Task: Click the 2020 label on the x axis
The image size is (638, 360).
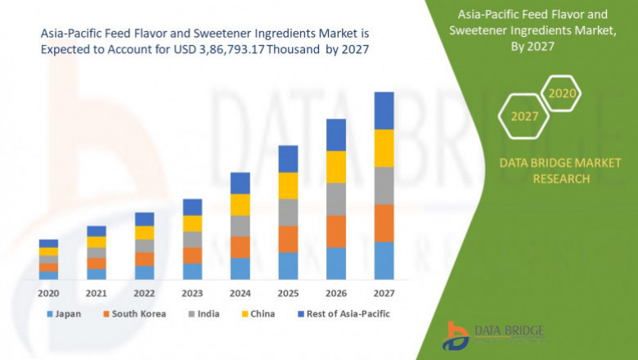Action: (x=48, y=293)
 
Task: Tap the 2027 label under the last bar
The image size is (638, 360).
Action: (x=384, y=293)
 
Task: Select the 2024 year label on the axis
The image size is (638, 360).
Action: (x=240, y=293)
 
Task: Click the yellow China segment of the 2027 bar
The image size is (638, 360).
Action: (x=384, y=148)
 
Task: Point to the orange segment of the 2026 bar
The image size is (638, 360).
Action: (x=336, y=232)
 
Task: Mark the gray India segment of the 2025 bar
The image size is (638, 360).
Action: (x=288, y=212)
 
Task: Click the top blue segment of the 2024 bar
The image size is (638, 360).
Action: (x=240, y=182)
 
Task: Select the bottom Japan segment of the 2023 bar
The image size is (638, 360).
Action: (x=192, y=272)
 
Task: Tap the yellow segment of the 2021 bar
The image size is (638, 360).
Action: (x=97, y=242)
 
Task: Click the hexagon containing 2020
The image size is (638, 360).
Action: (x=562, y=93)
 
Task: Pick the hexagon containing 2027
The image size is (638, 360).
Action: (x=524, y=116)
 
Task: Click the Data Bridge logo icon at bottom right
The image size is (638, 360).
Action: (x=456, y=336)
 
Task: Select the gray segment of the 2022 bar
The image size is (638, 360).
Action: (x=145, y=246)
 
